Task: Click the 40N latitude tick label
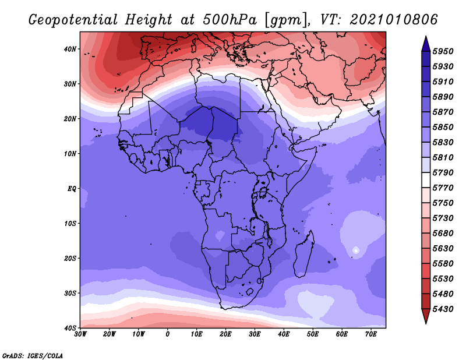click(70, 49)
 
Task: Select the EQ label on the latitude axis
click(72, 189)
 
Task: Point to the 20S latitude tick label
click(70, 258)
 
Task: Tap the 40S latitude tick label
click(70, 328)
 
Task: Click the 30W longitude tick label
click(80, 334)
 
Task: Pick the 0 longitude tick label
click(168, 334)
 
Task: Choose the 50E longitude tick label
click(313, 334)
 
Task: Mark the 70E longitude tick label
click(371, 334)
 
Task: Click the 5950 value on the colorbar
click(443, 51)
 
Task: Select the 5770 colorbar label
click(443, 188)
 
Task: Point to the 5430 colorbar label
click(443, 309)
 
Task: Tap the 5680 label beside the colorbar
click(443, 234)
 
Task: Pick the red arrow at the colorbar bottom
click(426, 315)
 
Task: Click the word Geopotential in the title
click(73, 20)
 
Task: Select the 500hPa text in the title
click(229, 20)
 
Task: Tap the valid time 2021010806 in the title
click(394, 20)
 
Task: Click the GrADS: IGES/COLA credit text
click(33, 355)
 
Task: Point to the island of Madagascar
click(304, 254)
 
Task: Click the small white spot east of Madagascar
click(356, 250)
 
